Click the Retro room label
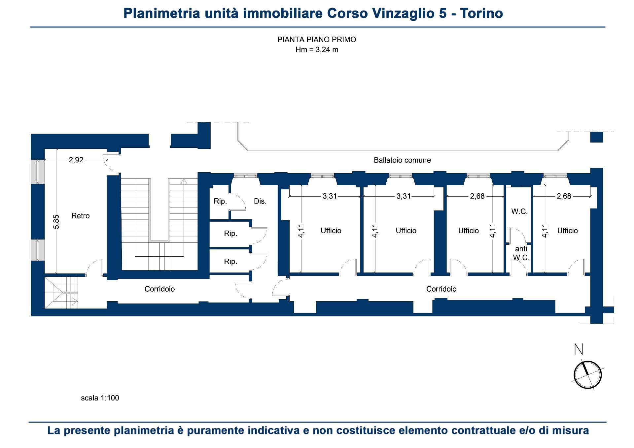pos(81,216)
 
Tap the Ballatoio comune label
pos(402,160)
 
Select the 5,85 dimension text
pos(56,222)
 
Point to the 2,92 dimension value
pos(76,160)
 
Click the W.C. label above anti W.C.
pos(519,212)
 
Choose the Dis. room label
pos(260,201)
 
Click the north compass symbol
pos(588,375)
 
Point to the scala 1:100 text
pos(100,398)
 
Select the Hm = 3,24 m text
pos(317,50)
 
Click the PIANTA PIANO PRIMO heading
pos(317,40)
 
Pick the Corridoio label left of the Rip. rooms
pos(160,289)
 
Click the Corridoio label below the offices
pos(441,289)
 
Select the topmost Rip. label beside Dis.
pos(220,201)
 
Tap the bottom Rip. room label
pos(230,262)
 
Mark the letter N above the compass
pos(579,349)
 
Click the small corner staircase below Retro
pos(61,292)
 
